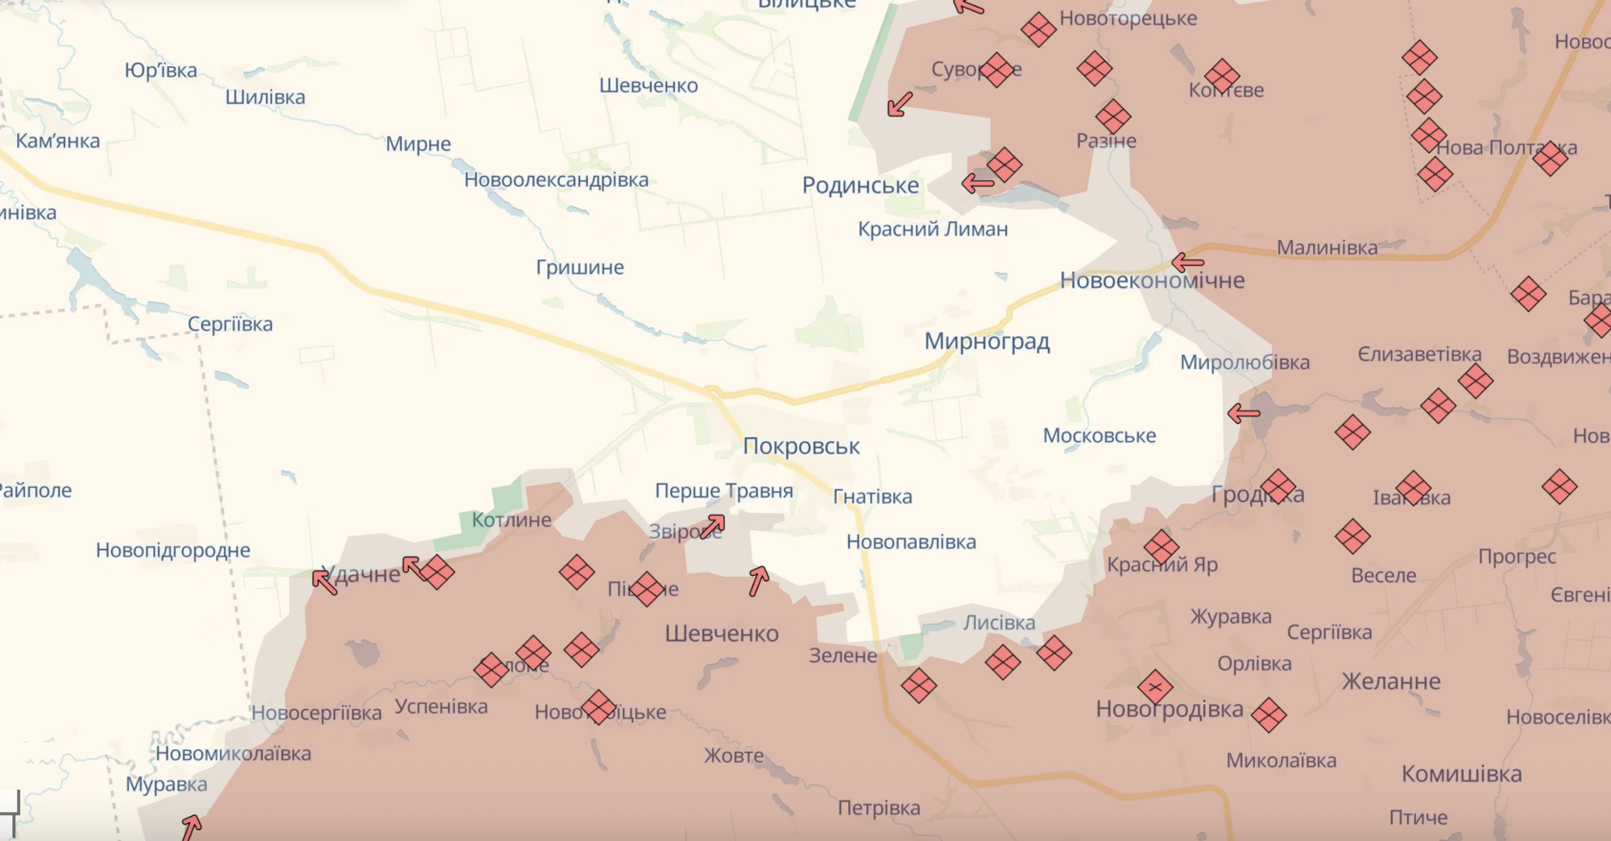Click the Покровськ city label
coord(801,446)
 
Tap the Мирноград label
coord(987,342)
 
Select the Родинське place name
coord(860,185)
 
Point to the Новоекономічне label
coord(1152,280)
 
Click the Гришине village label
coord(580,267)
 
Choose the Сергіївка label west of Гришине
coord(230,324)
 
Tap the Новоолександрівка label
coord(556,180)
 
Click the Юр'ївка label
coord(160,71)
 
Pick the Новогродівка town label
coord(1170,710)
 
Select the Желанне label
coord(1391,681)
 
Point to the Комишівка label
coord(1461,774)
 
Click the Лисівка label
coord(999,623)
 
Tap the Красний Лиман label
coord(933,230)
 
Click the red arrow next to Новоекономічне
coord(1187,262)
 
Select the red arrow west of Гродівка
coord(1243,414)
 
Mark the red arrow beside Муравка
coord(191,826)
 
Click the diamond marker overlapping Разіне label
coord(1113,118)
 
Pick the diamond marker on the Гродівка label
coord(1278,487)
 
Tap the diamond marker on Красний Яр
coord(1162,547)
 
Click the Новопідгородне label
coord(173,550)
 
